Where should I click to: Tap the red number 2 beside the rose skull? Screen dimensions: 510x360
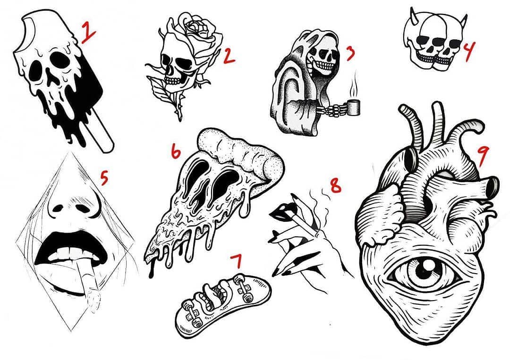click(x=229, y=56)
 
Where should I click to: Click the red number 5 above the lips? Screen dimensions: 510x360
click(x=104, y=179)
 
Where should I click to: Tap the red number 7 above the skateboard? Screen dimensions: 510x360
click(x=237, y=261)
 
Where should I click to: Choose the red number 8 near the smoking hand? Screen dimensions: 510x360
click(x=336, y=186)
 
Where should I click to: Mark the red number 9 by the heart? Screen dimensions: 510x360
click(x=482, y=155)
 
